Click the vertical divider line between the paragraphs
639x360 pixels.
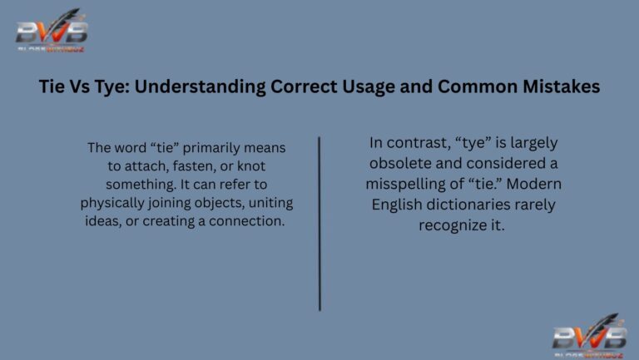(319, 224)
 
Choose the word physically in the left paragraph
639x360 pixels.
(113, 203)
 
